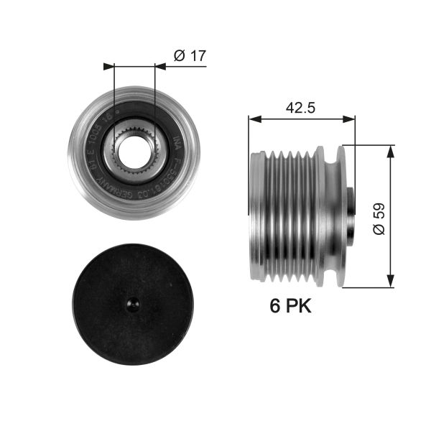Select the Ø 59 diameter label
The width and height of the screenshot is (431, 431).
[x=380, y=215]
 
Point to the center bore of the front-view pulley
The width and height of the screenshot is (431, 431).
[x=134, y=150]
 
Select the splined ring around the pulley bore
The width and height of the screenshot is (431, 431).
[x=134, y=133]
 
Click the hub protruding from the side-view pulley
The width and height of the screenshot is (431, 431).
[x=348, y=215]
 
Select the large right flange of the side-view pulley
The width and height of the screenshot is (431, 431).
[x=332, y=215]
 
